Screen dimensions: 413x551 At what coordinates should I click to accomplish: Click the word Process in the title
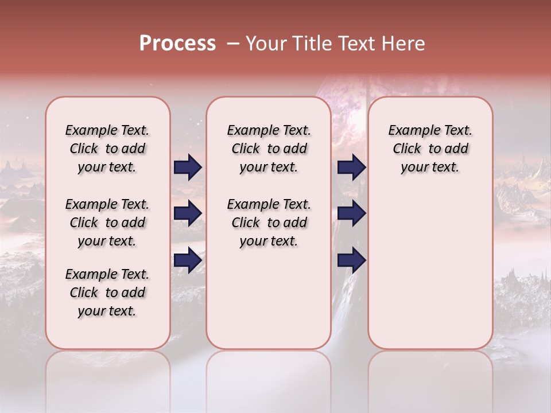pyautogui.click(x=177, y=43)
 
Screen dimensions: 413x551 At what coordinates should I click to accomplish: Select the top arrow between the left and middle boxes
pyautogui.click(x=188, y=167)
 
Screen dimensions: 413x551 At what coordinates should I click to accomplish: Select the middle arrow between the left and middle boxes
pyautogui.click(x=188, y=213)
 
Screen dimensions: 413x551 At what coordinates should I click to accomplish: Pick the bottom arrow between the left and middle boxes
pyautogui.click(x=188, y=260)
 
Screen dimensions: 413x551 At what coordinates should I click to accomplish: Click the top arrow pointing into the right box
pyautogui.click(x=351, y=167)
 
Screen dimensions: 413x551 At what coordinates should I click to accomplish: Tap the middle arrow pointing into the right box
pyautogui.click(x=351, y=213)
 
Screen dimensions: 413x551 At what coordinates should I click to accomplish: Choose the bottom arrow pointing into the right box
pyautogui.click(x=351, y=260)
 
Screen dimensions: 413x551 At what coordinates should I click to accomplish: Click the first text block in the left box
pyautogui.click(x=107, y=149)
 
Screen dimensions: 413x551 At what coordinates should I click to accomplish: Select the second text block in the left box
pyautogui.click(x=107, y=223)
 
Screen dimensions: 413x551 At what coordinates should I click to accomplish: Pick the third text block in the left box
pyautogui.click(x=107, y=293)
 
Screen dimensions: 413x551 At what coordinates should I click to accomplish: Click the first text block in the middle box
pyautogui.click(x=269, y=149)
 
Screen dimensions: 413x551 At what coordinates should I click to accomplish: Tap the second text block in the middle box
pyautogui.click(x=269, y=223)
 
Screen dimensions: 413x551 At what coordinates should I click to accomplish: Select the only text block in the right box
pyautogui.click(x=430, y=149)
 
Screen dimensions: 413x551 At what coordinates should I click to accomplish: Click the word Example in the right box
pyautogui.click(x=410, y=131)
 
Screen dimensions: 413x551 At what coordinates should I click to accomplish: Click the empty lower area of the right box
pyautogui.click(x=430, y=275)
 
